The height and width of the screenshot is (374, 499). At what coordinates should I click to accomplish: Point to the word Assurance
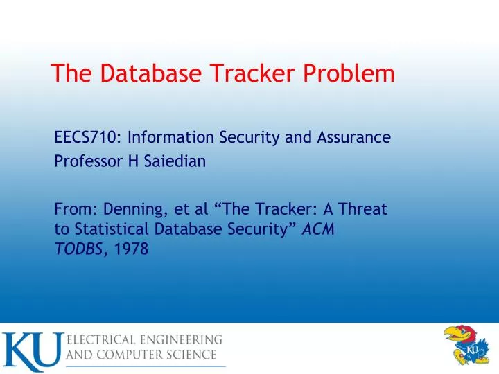coord(358,137)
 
